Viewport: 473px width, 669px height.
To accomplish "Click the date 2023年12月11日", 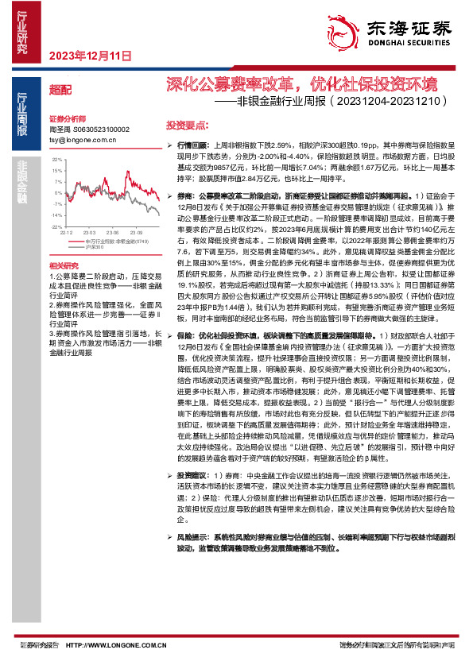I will [90, 56].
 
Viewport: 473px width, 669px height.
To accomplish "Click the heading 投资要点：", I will [187, 126].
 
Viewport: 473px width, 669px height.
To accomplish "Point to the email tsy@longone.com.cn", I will [83, 139].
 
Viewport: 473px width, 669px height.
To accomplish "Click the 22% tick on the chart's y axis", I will [56, 160].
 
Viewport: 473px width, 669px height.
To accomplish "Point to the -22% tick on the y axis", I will [56, 226].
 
